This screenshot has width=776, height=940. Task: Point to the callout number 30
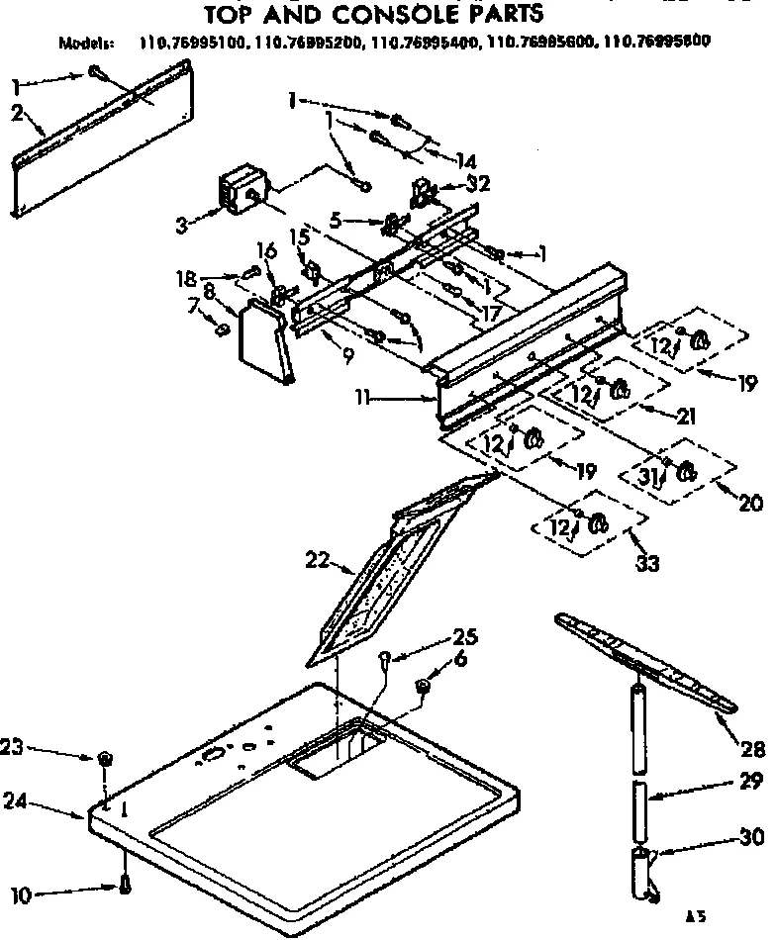coord(751,838)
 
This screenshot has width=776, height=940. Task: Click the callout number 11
coord(368,398)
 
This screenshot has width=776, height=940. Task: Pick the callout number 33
coord(648,564)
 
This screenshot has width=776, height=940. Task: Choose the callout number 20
coord(750,503)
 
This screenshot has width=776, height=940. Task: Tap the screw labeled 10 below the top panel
coord(125,885)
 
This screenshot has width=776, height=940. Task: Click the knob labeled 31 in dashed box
coord(685,473)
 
